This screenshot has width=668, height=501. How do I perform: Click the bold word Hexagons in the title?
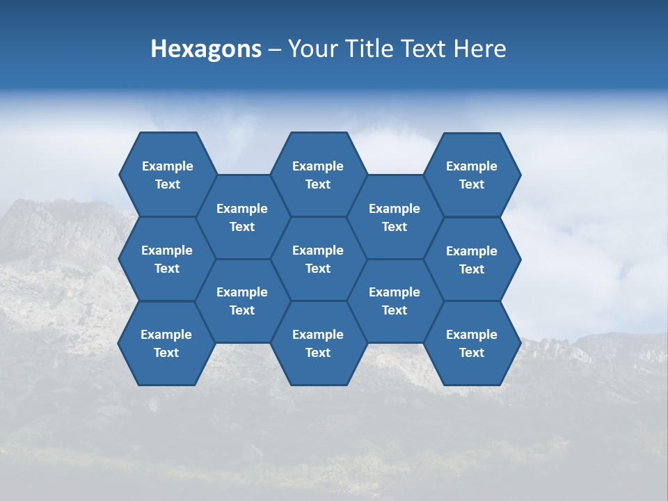tap(206, 49)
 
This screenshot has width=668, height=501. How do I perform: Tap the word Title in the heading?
tap(364, 49)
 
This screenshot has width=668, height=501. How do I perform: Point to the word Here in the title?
tap(479, 49)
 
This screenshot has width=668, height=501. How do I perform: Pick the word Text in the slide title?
tap(422, 49)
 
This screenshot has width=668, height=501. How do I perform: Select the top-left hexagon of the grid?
tap(168, 175)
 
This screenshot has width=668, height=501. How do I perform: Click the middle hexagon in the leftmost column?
tap(167, 259)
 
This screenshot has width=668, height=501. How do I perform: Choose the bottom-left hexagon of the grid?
tap(166, 343)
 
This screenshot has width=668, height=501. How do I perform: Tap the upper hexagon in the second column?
tap(242, 217)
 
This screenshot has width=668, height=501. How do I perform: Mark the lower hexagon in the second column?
tap(242, 301)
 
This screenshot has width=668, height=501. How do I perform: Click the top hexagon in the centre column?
tap(318, 175)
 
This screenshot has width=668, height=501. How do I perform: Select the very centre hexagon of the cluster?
tap(318, 259)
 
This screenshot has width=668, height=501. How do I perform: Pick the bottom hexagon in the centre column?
tap(318, 343)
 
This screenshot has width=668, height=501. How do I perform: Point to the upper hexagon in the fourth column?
tap(395, 217)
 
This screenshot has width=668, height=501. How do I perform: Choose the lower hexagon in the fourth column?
tap(395, 301)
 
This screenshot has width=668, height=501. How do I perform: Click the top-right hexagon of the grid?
tap(472, 175)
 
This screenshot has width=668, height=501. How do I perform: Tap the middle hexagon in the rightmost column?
tap(472, 260)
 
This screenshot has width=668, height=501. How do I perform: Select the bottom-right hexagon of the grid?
tap(472, 343)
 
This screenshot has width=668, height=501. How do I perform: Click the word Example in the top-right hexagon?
tap(472, 166)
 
